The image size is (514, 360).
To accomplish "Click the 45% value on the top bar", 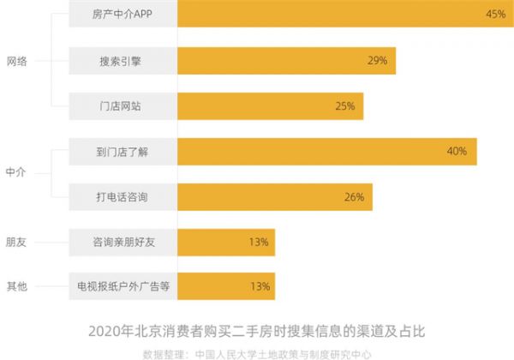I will point(494,15).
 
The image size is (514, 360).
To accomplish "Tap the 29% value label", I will point(378,61).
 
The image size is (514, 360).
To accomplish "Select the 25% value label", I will point(345,106).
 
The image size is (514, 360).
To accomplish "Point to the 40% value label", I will point(456,152).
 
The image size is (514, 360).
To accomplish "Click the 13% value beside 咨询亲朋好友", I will point(260,243).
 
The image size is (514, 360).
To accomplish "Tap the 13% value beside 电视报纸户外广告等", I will point(260,287).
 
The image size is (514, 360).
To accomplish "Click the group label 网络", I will point(17,61).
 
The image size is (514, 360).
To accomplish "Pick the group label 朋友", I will point(17,243).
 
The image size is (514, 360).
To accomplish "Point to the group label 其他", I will point(17,287).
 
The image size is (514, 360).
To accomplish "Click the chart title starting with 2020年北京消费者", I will point(257,329).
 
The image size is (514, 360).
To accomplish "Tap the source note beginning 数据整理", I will point(257,352).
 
